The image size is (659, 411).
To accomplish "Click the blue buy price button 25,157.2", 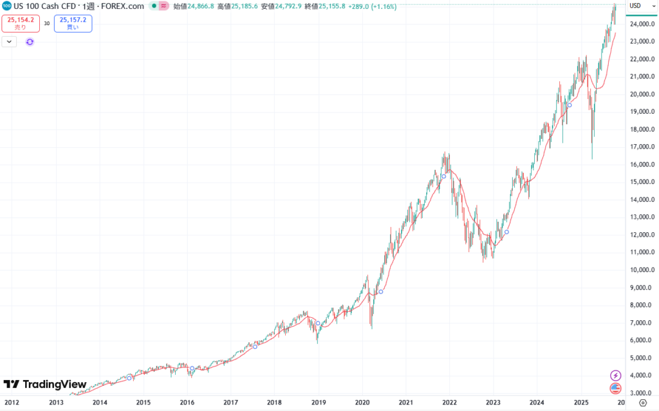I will pos(73,23).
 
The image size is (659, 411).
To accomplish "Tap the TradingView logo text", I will pos(54,385).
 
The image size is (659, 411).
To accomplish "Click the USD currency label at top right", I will pos(635,6).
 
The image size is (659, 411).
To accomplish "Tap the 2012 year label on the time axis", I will pos(12,403).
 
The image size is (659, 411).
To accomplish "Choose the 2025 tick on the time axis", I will pos(580,403).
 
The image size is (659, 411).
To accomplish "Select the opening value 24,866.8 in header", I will pos(201,6).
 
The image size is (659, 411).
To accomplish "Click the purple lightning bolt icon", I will pos(616,375).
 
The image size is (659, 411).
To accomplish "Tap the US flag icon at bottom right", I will pos(616,388).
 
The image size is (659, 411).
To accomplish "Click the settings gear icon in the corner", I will pos(642,403).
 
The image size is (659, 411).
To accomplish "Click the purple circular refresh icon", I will pos(30,42).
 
